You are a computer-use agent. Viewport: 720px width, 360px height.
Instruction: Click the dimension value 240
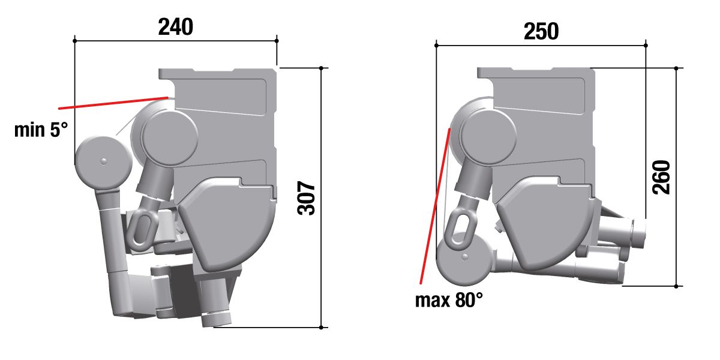175,27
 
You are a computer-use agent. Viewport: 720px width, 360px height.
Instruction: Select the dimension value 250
541,31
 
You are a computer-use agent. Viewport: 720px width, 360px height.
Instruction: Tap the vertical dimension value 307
307,199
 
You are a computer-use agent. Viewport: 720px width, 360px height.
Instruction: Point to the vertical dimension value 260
661,177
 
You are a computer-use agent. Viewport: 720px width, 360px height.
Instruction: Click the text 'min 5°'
41,130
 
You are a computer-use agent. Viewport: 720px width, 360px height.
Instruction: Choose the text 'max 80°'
449,300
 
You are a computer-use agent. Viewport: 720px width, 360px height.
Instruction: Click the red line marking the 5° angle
113,103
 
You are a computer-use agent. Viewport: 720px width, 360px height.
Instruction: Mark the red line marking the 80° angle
435,206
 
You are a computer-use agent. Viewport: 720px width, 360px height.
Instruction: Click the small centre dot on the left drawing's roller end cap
103,161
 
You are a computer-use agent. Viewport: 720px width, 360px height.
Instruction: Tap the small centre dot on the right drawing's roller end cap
465,257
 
